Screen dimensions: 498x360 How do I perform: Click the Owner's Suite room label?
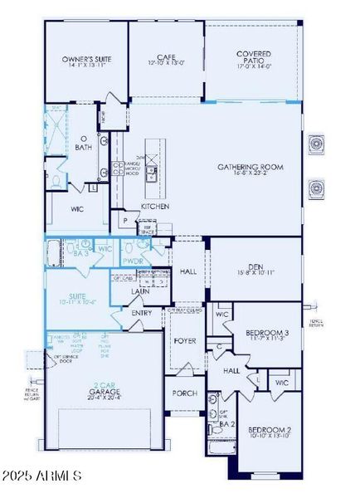[x=86, y=60]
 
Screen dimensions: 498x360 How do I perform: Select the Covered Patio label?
[x=253, y=55]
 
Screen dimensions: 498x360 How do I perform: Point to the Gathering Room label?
[x=251, y=167]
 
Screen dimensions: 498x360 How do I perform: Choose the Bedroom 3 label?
[x=265, y=334]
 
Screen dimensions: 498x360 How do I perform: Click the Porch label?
[x=184, y=393]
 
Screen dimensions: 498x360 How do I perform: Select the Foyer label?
[x=184, y=340]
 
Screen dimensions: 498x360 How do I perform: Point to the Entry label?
[x=142, y=312]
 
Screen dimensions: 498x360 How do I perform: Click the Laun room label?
[x=141, y=291]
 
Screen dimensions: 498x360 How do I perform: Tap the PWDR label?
[x=133, y=259]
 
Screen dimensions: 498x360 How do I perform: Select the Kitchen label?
[x=155, y=206]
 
